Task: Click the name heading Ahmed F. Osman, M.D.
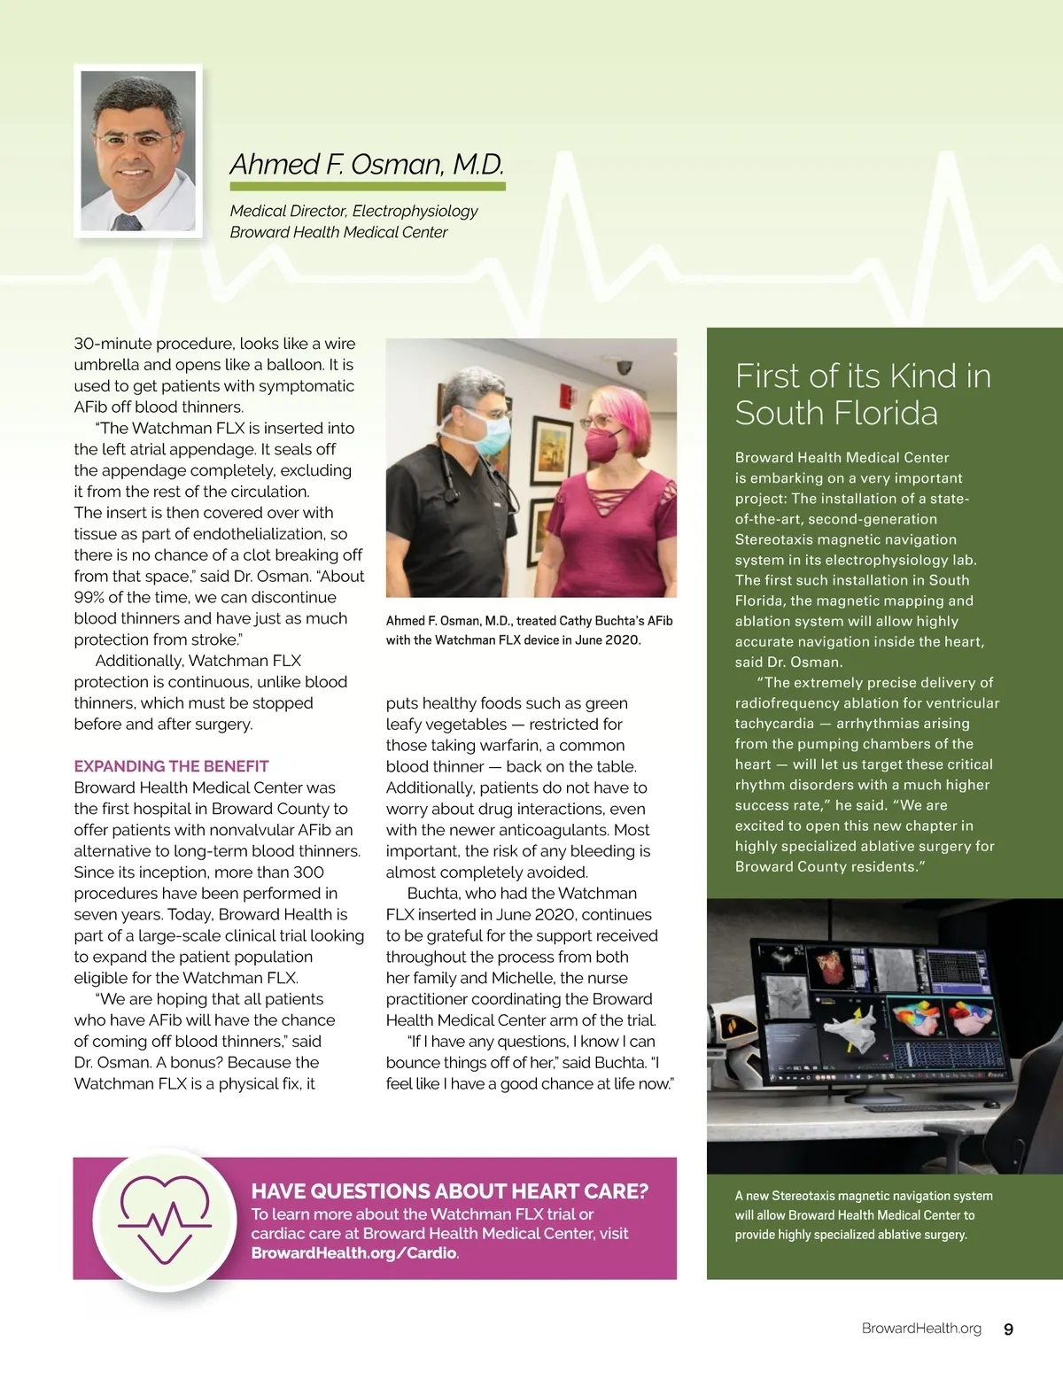point(367,165)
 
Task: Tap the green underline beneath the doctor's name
point(367,187)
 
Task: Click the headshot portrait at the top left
point(138,151)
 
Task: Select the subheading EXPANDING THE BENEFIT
point(171,766)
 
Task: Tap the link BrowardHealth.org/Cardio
point(353,1253)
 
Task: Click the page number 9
point(1008,1329)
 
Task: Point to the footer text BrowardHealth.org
point(921,1329)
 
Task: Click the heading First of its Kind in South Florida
point(863,394)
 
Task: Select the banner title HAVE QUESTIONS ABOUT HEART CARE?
point(449,1191)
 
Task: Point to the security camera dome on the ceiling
point(625,365)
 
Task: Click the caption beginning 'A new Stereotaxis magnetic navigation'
point(864,1215)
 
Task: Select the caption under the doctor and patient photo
point(529,630)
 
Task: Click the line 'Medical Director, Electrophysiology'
point(353,211)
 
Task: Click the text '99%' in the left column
point(92,597)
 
